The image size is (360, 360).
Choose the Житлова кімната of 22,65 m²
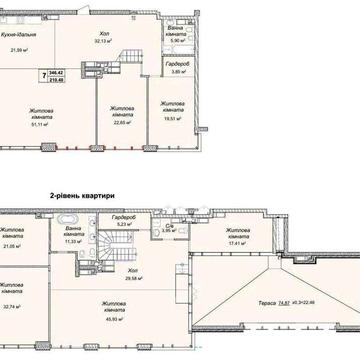tap(123, 109)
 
